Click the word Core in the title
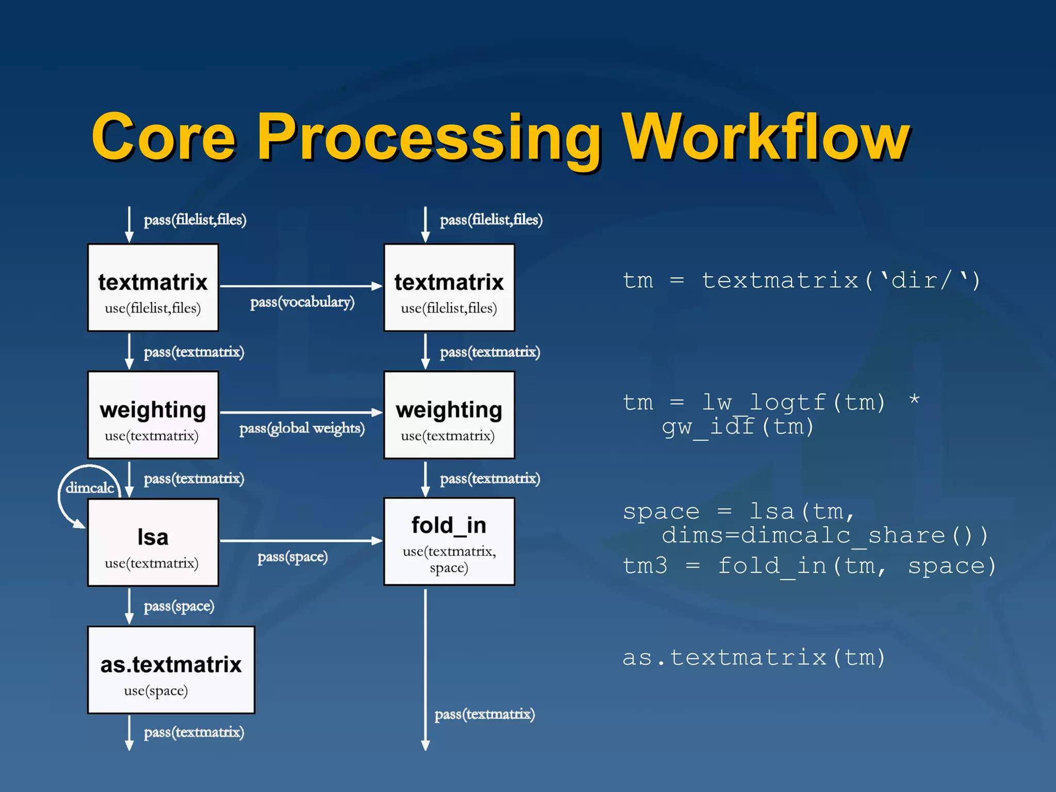coord(164,138)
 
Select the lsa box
coord(153,542)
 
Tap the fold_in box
coord(449,541)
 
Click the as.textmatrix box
coord(171,670)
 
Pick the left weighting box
coord(153,415)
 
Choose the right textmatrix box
coord(449,288)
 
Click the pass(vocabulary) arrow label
coord(303,302)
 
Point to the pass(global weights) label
coord(302,428)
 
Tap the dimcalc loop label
coord(90,488)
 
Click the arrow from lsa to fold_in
coord(301,540)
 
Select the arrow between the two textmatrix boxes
coord(301,286)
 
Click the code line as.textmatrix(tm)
coord(753,658)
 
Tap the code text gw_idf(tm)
coord(738,427)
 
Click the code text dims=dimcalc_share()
coord(825,535)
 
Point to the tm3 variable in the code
coord(645,566)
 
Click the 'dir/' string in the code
coord(921,280)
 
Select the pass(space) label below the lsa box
coord(179,606)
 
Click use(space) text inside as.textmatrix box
coord(156,691)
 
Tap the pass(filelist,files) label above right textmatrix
coord(491,220)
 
